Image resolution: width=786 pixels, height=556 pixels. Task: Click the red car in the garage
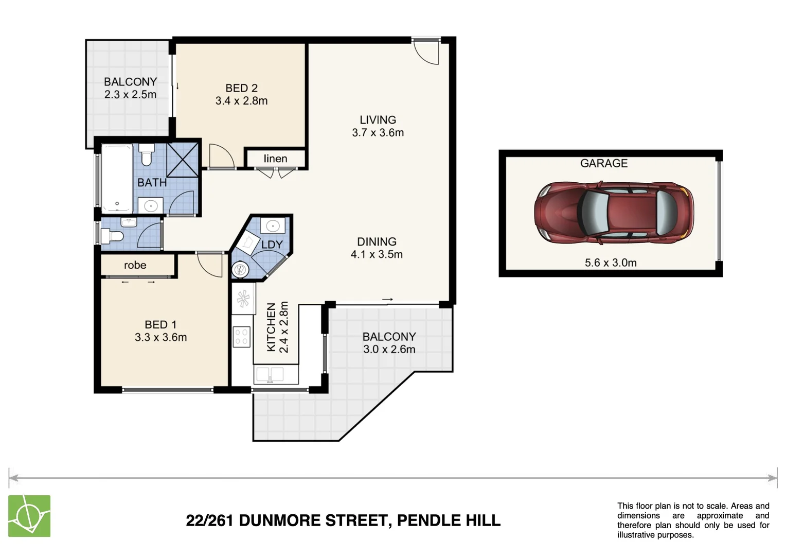tap(614, 212)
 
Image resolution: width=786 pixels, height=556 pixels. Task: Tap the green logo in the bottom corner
tap(29, 516)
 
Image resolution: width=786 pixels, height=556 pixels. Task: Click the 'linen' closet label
tap(275, 159)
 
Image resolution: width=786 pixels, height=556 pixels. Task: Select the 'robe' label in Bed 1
tap(135, 265)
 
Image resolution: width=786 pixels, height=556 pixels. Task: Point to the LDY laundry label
tap(272, 245)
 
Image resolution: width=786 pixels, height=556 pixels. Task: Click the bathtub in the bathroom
tap(117, 178)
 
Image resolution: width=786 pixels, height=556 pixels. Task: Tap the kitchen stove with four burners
tap(241, 337)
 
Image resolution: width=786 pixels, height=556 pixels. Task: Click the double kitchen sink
tap(270, 374)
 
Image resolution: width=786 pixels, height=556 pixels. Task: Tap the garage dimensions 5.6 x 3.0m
tap(611, 263)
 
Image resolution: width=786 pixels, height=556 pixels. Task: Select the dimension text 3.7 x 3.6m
tap(378, 132)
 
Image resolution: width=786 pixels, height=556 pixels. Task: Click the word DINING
tap(377, 241)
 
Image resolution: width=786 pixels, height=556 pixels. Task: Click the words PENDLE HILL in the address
tap(449, 520)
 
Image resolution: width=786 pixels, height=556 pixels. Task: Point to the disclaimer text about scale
tap(693, 520)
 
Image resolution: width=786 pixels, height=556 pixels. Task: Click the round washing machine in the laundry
tap(240, 269)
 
